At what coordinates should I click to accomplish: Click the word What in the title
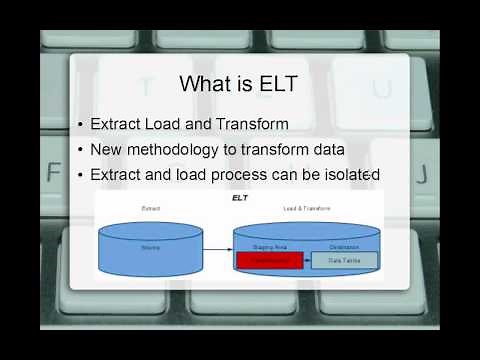204,83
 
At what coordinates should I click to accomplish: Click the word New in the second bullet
106,150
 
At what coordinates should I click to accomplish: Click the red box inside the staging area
269,260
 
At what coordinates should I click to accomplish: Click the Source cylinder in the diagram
151,245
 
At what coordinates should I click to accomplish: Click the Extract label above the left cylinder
151,208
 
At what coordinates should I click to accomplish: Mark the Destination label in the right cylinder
343,246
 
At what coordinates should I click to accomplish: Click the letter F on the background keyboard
53,172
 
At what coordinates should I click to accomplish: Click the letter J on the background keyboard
421,172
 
